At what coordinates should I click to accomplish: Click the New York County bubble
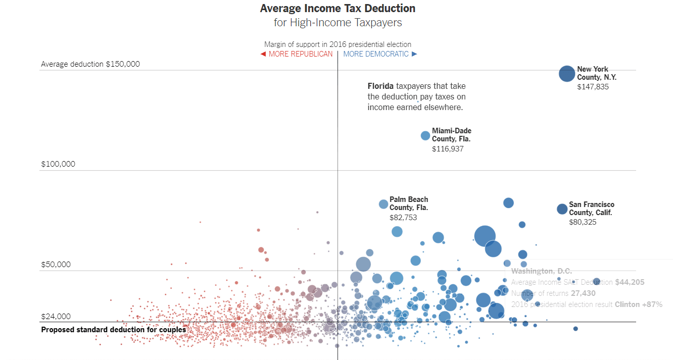click(567, 74)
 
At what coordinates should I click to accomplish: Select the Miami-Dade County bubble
click(425, 135)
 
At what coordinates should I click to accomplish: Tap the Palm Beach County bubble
click(383, 204)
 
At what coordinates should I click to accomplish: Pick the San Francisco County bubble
click(562, 209)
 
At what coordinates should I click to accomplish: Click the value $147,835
click(593, 87)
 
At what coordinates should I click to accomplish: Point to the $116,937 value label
click(448, 149)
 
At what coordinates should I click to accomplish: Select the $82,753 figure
click(403, 218)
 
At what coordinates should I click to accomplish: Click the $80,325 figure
click(583, 222)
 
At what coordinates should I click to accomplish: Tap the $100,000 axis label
click(58, 164)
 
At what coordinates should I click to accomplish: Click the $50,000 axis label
click(56, 265)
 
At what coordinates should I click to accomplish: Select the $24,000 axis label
click(56, 317)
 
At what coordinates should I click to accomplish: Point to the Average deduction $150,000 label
click(90, 64)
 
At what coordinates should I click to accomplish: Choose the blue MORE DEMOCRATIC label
click(376, 54)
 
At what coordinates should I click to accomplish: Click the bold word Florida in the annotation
click(380, 86)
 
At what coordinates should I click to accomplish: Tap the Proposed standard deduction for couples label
click(113, 330)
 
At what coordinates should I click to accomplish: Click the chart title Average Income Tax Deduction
click(338, 9)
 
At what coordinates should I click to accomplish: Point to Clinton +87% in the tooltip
click(638, 304)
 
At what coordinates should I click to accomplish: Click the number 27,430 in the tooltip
click(583, 293)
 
